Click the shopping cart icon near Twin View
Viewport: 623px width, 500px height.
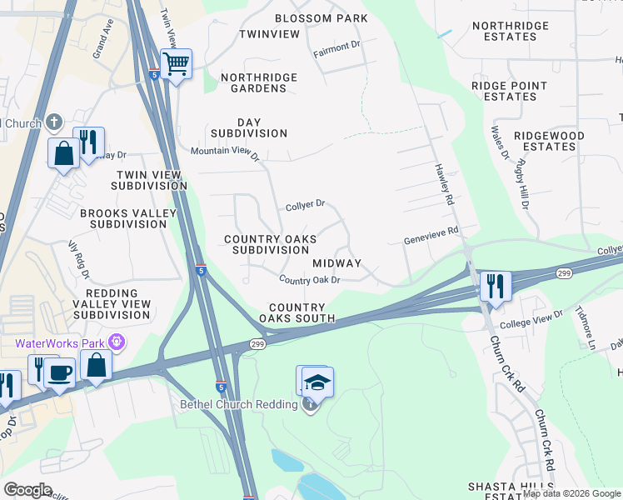(176, 63)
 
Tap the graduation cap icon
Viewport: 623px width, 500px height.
(317, 382)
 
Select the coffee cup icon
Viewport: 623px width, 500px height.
(59, 372)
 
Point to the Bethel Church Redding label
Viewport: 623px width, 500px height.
(238, 405)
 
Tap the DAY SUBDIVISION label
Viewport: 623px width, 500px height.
(248, 127)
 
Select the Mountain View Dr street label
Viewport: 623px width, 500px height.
(225, 152)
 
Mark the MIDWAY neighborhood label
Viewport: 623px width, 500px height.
(336, 262)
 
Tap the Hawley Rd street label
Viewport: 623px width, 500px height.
(443, 183)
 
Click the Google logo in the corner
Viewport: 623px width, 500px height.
(27, 490)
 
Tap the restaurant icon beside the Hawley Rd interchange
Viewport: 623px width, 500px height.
(495, 286)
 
